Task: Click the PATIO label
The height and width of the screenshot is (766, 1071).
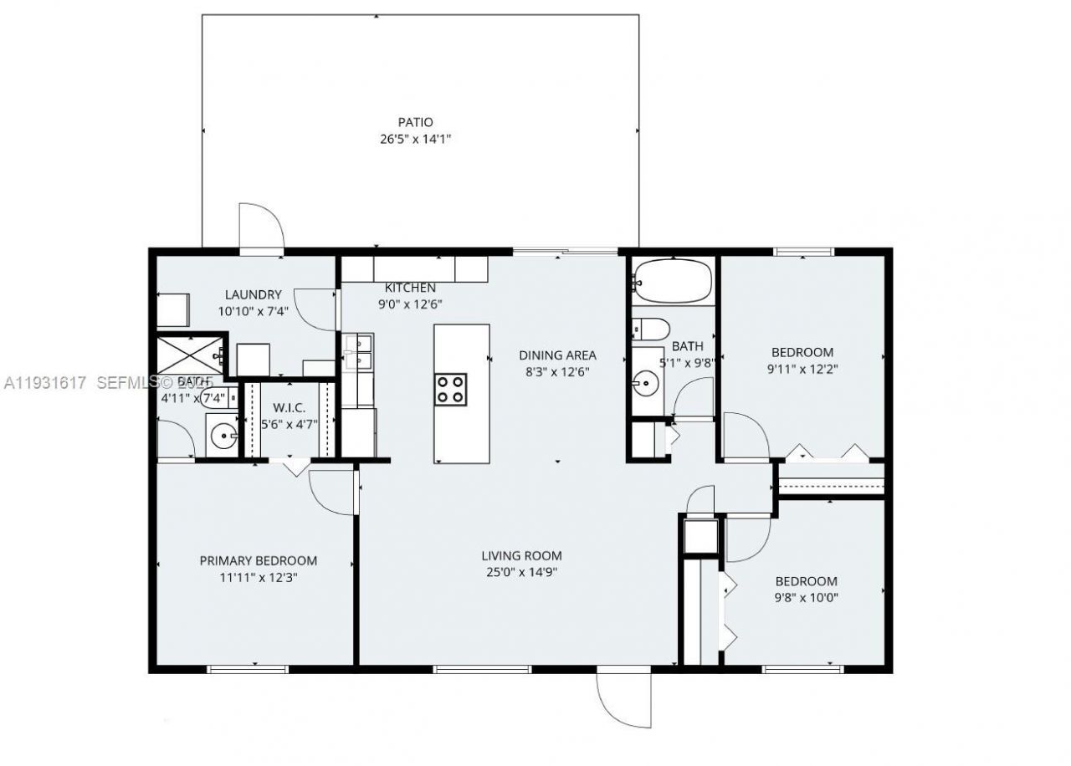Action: pyautogui.click(x=415, y=123)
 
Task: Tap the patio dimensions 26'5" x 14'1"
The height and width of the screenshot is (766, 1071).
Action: pyautogui.click(x=415, y=140)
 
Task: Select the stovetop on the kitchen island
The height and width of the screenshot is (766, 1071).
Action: pyautogui.click(x=450, y=390)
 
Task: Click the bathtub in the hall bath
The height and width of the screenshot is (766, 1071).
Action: pyautogui.click(x=673, y=282)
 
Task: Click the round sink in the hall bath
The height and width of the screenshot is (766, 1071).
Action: pyautogui.click(x=645, y=385)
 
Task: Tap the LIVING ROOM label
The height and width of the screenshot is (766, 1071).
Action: pyautogui.click(x=521, y=556)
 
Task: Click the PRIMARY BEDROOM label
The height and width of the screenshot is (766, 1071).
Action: pyautogui.click(x=258, y=560)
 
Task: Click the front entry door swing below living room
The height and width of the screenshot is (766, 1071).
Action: pyautogui.click(x=623, y=699)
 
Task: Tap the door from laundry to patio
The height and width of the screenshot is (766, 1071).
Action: pyautogui.click(x=261, y=227)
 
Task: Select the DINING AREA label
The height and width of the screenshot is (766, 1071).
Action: pyautogui.click(x=557, y=355)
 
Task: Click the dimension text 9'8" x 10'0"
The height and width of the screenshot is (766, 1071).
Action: pyautogui.click(x=807, y=598)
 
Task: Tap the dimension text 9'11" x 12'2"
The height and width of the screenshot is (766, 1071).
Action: pyautogui.click(x=802, y=369)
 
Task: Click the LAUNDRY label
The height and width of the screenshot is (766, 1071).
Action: pyautogui.click(x=253, y=294)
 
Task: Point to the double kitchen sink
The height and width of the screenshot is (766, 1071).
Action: pyautogui.click(x=357, y=353)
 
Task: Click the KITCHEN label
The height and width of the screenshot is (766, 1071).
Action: pyautogui.click(x=410, y=288)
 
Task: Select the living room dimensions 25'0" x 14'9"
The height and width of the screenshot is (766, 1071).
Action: pyautogui.click(x=521, y=573)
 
